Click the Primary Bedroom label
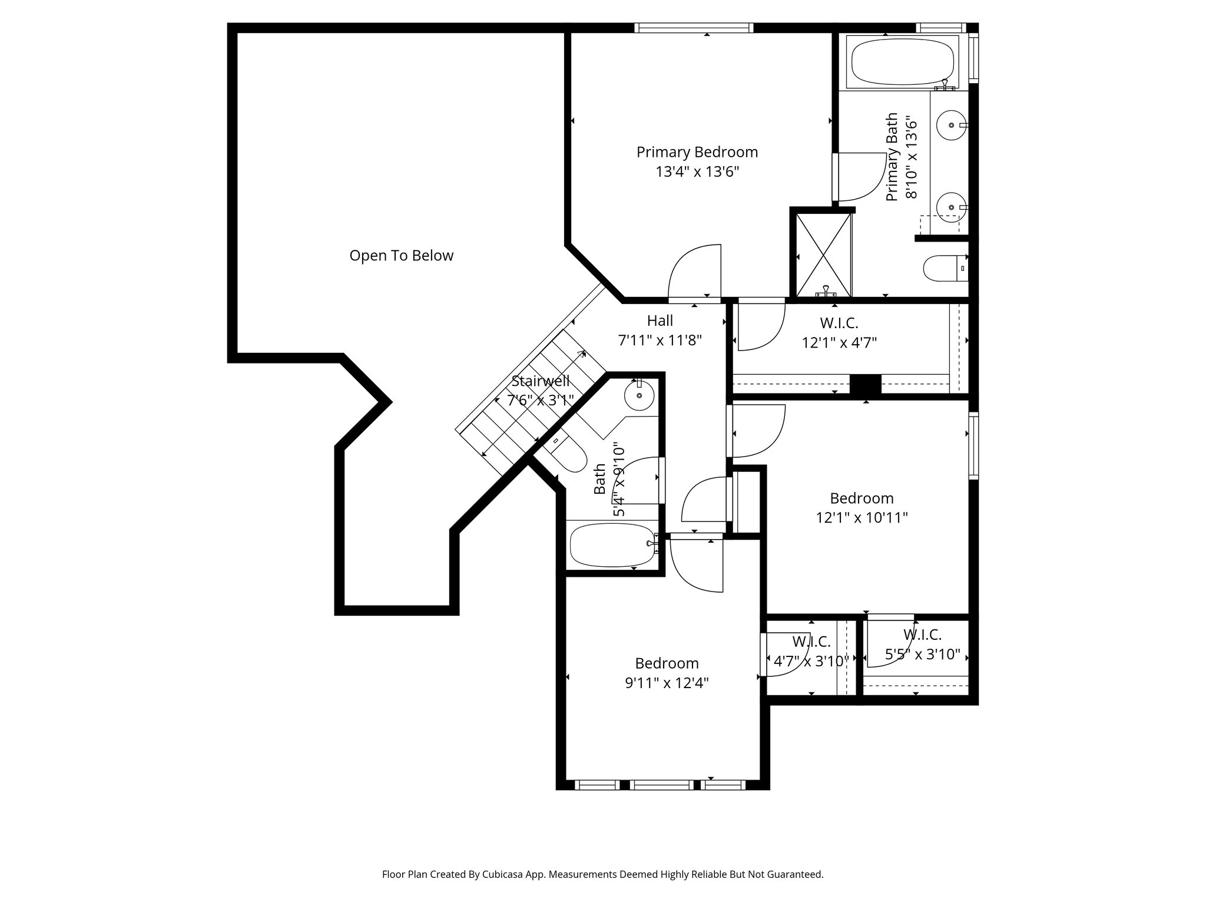tap(697, 152)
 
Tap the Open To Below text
tap(401, 256)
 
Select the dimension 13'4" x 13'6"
tap(697, 172)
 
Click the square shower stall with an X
tap(823, 255)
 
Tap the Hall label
tap(660, 321)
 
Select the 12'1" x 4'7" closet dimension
tap(839, 343)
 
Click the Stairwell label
tap(540, 381)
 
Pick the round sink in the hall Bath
tap(638, 395)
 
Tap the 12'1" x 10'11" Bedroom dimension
tap(862, 518)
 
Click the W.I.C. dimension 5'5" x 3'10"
tap(922, 655)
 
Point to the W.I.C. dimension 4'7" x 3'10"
tap(810, 661)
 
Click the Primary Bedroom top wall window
tap(694, 28)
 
